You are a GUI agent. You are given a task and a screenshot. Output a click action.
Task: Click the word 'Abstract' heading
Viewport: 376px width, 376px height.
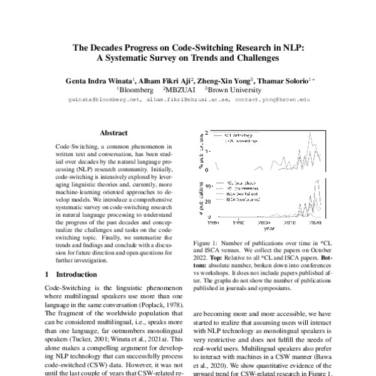113,133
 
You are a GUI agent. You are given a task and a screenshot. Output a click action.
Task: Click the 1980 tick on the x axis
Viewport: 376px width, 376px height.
212,222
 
